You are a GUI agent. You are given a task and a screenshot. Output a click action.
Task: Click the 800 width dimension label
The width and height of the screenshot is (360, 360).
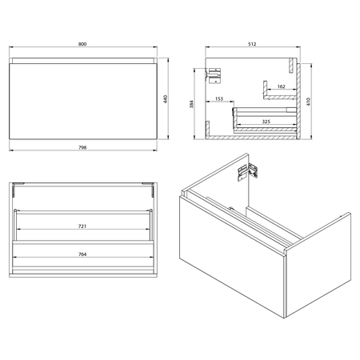[82, 44]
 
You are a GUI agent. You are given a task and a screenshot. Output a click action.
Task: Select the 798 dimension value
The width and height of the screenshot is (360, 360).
[82, 147]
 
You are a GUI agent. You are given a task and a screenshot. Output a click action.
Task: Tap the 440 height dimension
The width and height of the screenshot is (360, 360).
[166, 99]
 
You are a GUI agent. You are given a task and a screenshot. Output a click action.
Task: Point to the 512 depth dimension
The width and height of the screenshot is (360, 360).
[252, 44]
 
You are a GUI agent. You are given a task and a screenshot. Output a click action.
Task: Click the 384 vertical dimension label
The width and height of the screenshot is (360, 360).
[191, 104]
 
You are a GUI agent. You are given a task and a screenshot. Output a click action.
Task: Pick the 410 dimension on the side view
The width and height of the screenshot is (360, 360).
[309, 102]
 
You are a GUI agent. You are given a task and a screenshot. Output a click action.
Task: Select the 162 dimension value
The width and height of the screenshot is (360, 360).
[281, 86]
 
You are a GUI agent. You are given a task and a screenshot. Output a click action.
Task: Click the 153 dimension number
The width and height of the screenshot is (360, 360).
[219, 98]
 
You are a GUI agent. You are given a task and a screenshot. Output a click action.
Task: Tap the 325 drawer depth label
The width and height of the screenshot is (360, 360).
[266, 122]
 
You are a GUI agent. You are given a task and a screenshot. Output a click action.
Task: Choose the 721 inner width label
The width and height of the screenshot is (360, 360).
[82, 226]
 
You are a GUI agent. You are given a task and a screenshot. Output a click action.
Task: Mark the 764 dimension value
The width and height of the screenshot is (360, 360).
[82, 254]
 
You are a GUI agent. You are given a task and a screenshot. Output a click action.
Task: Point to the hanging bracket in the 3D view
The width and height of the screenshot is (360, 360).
[248, 172]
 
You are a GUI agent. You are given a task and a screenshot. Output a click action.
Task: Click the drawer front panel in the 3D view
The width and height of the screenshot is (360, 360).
[232, 256]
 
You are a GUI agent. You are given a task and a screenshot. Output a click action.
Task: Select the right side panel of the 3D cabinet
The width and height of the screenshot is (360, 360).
[318, 266]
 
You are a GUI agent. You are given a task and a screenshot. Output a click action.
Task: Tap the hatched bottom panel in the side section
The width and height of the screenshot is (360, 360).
[253, 138]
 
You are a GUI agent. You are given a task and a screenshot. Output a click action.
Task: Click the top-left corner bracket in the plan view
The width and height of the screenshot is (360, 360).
[17, 189]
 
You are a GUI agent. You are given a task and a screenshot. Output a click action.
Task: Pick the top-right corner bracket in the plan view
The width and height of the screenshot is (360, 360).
[149, 189]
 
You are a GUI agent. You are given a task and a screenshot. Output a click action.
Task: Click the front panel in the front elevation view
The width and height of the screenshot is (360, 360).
[83, 101]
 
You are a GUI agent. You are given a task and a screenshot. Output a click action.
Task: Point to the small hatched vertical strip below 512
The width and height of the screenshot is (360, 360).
[291, 65]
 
